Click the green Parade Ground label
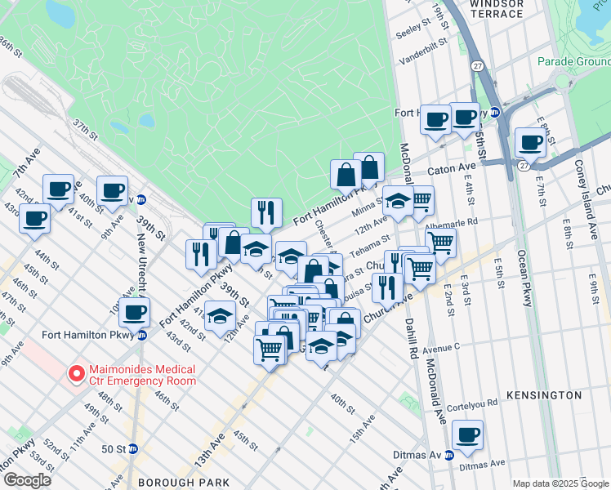pyautogui.click(x=573, y=61)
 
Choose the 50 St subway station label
pyautogui.click(x=114, y=448)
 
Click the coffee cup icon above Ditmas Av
pyautogui.click(x=467, y=435)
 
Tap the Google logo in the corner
pyautogui.click(x=28, y=480)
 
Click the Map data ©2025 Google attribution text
pyautogui.click(x=560, y=483)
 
